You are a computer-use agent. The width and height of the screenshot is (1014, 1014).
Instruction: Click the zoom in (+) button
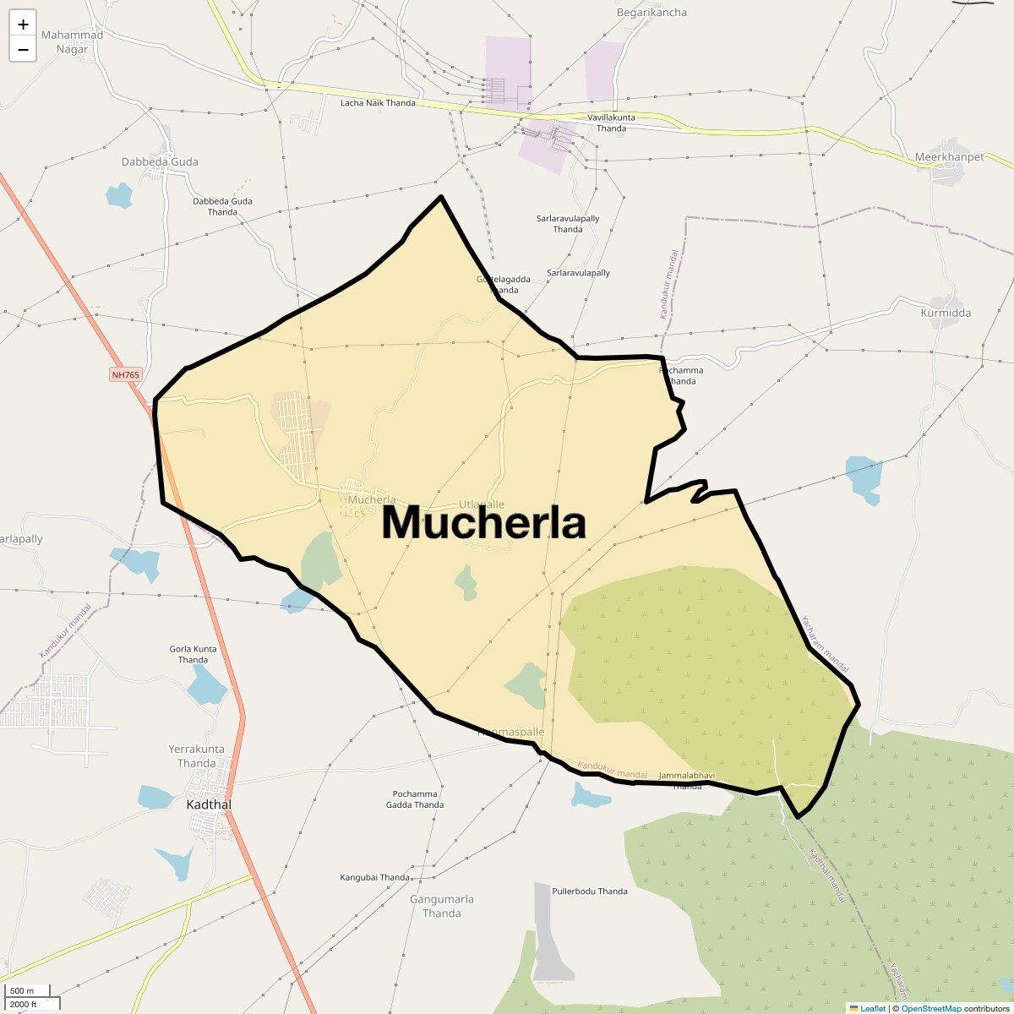pos(23,25)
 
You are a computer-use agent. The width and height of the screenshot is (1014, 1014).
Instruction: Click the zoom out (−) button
pos(23,49)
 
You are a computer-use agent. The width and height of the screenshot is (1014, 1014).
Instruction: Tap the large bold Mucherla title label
pos(483,522)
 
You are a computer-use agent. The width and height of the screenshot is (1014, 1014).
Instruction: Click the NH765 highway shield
pos(125,374)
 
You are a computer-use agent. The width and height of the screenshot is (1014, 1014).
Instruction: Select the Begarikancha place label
pos(651,13)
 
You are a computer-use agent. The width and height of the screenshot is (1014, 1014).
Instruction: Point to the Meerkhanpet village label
pos(949,157)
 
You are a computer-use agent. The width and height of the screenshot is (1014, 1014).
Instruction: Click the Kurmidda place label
pos(946,313)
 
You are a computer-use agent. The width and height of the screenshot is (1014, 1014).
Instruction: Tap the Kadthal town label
pos(208,804)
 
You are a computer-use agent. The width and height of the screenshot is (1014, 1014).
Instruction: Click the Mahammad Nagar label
pos(72,42)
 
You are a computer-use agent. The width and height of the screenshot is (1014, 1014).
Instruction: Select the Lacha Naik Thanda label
pos(378,103)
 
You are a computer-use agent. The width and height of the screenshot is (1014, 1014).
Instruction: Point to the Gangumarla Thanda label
pos(442,906)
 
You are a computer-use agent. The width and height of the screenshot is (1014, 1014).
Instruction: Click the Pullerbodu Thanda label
pos(589,891)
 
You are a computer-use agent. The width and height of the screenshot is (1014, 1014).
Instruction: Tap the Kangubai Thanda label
pos(374,878)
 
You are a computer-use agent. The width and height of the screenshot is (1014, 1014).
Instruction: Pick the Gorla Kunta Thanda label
pos(194,654)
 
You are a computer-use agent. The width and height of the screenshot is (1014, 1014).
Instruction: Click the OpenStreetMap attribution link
pos(930,1008)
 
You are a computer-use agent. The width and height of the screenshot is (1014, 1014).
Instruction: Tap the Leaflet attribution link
pos(873,1008)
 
